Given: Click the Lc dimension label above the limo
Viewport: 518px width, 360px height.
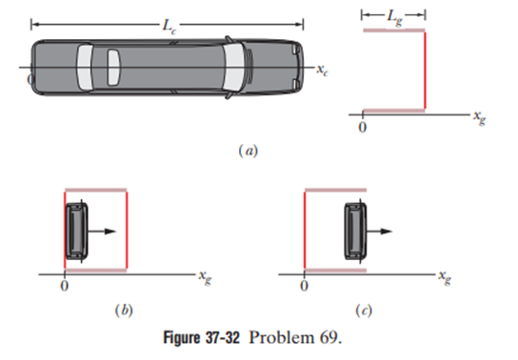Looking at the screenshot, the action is [169, 26].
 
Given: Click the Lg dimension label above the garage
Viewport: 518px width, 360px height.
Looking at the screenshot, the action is [395, 17].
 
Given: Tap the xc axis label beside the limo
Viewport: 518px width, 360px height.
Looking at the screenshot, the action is [323, 70].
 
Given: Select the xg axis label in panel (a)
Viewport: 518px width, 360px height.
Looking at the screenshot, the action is [479, 117].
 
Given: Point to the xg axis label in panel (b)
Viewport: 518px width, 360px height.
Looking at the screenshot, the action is [205, 277].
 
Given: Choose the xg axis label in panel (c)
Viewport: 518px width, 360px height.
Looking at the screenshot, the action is [445, 277].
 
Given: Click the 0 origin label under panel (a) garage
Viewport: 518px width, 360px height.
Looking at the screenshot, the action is [363, 128].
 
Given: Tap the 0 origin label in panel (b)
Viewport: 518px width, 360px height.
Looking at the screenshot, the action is [65, 286].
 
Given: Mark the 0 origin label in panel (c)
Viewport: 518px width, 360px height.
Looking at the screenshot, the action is [305, 286].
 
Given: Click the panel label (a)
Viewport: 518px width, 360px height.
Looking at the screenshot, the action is [249, 150].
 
